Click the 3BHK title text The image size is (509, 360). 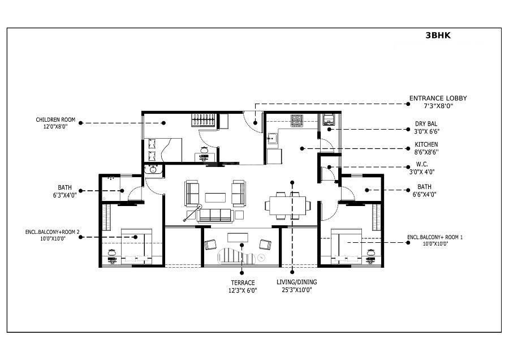click(x=438, y=35)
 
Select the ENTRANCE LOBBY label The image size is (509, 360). click(x=438, y=98)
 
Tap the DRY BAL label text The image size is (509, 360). click(x=426, y=123)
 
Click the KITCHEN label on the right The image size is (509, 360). click(x=426, y=145)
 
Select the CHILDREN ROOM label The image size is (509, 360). click(x=55, y=119)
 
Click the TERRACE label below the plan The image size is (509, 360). click(x=242, y=282)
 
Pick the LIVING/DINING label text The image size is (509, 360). click(x=297, y=282)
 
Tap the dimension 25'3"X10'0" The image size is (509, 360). click(x=297, y=290)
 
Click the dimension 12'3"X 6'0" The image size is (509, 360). click(x=242, y=290)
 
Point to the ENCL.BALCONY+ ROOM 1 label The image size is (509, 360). click(x=435, y=237)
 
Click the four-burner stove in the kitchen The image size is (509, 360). click(x=297, y=119)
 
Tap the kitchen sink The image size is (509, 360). click(x=272, y=137)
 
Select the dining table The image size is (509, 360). click(x=287, y=204)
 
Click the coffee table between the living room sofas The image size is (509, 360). click(x=215, y=197)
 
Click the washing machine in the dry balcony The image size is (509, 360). click(x=329, y=119)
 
